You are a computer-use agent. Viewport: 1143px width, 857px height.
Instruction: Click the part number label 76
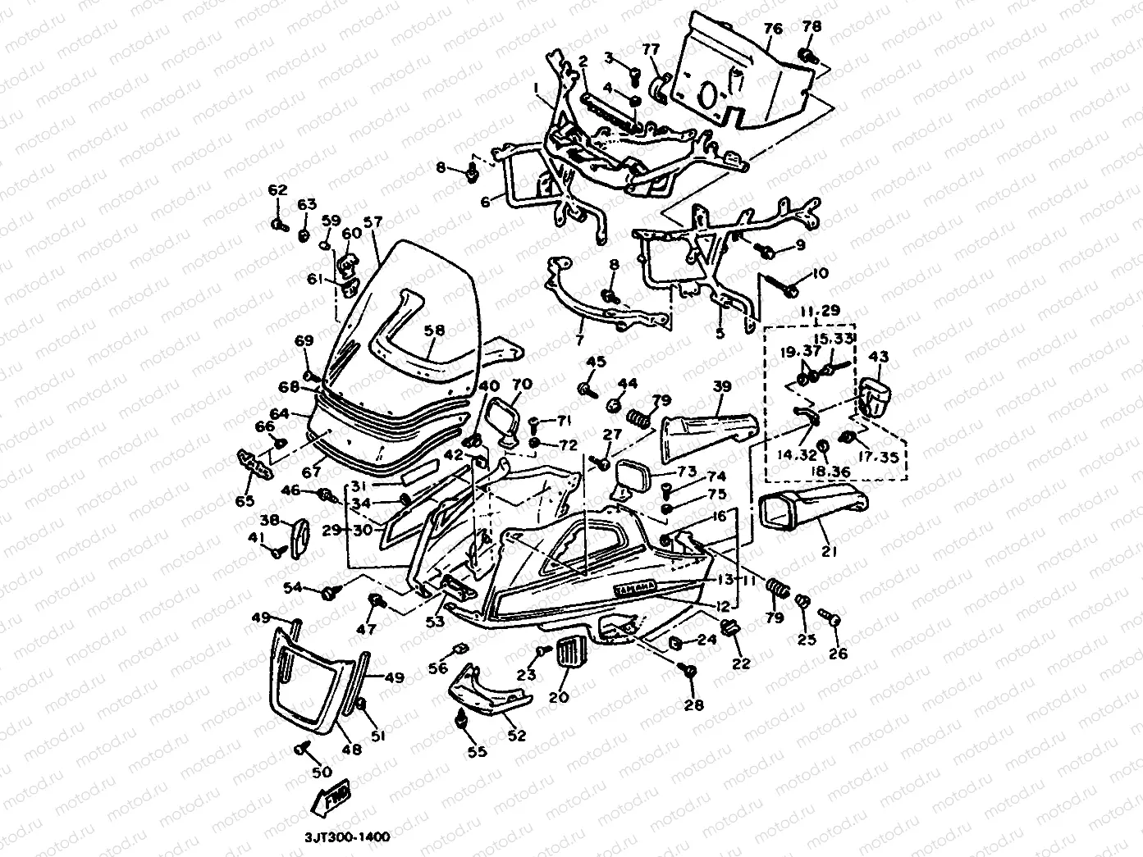(772, 30)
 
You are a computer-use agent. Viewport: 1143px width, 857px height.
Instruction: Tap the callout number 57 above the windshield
(373, 221)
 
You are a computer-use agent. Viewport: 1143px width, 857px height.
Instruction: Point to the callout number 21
(830, 552)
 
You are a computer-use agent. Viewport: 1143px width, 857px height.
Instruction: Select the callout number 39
(721, 386)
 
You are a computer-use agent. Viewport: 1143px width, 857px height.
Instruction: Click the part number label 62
(277, 191)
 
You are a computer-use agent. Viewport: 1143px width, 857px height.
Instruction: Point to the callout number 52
(516, 736)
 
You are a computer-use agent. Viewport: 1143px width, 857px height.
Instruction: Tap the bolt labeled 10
(791, 289)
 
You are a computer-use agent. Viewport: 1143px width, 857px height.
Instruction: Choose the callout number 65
(245, 500)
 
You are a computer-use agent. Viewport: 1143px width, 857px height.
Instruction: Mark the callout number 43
(878, 357)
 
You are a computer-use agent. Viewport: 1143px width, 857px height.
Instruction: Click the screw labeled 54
(333, 590)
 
